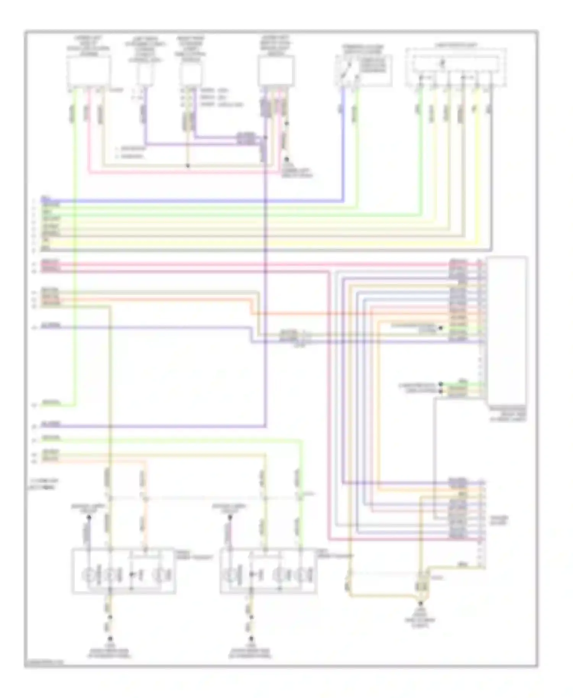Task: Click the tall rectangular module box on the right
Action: point(507,330)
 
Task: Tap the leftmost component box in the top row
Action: point(89,72)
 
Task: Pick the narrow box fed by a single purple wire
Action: point(145,73)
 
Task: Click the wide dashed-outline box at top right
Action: point(456,68)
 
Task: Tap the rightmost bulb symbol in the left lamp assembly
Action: point(158,574)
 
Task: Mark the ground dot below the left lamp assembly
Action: point(110,638)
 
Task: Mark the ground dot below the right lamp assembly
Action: point(251,638)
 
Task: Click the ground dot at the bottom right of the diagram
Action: point(421,604)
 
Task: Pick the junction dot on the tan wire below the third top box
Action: point(188,166)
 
